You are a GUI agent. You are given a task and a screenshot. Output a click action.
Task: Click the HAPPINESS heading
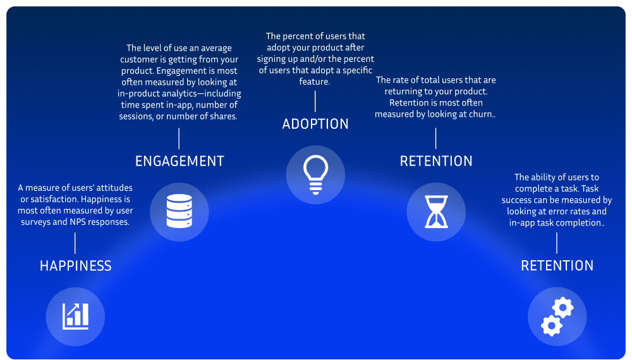(x=75, y=266)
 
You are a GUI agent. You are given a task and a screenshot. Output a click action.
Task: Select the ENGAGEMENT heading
(x=179, y=161)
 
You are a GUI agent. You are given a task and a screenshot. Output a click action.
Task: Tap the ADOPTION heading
(x=315, y=124)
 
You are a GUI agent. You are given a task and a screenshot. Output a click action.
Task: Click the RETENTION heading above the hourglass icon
(x=436, y=161)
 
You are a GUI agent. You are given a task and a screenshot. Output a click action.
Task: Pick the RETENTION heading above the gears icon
(x=557, y=266)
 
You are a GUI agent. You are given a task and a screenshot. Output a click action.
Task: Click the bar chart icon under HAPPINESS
(x=75, y=316)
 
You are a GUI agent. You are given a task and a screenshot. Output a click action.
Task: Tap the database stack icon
(x=179, y=212)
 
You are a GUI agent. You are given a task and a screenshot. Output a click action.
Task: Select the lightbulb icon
(x=315, y=174)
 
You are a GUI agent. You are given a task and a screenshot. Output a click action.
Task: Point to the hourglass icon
(x=436, y=212)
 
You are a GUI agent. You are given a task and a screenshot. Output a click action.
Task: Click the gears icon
(x=557, y=316)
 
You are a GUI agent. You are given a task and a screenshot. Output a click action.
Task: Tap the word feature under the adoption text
(x=315, y=82)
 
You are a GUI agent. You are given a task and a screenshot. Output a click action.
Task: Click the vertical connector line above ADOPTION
(x=315, y=101)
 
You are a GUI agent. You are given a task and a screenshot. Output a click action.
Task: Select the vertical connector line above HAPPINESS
(x=75, y=243)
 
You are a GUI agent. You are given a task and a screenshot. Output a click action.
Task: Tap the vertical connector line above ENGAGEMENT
(x=179, y=138)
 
